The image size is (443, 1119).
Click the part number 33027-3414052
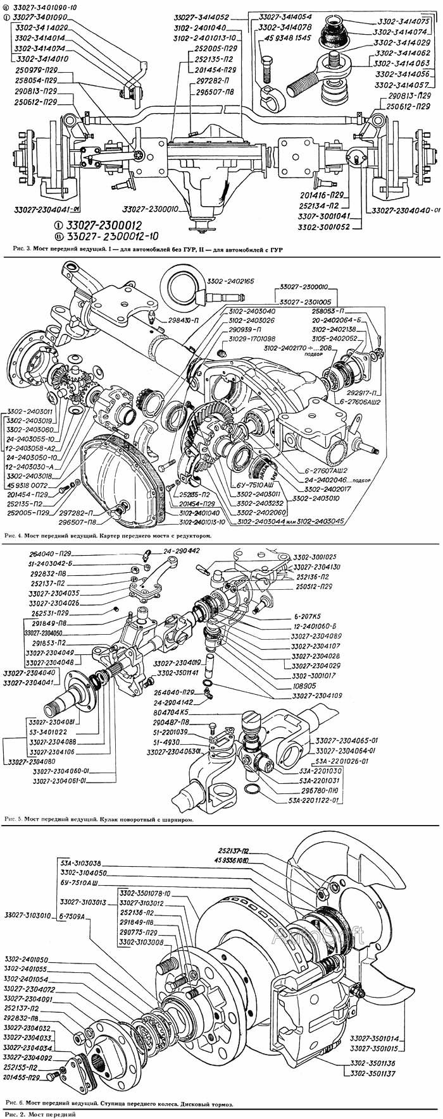(202, 17)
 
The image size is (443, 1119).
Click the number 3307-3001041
(323, 217)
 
